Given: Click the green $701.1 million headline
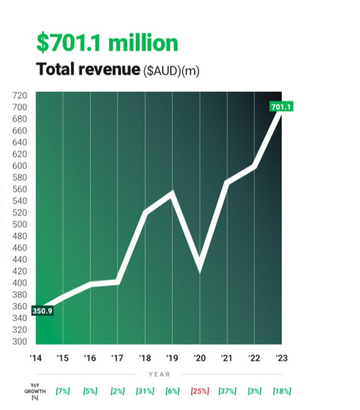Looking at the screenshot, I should [107, 43].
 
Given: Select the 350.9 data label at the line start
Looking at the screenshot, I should [42, 310].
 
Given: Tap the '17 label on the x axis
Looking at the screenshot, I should [117, 358].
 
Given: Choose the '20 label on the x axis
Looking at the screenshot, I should [199, 358].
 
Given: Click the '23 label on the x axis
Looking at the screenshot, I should [281, 358].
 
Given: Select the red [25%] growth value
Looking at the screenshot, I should [200, 391].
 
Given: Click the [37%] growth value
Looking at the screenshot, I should [227, 391].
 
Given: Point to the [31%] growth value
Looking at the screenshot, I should [145, 391].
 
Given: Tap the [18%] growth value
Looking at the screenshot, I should [282, 391].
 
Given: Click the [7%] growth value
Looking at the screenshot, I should [62, 391].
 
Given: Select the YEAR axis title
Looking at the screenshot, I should [160, 374].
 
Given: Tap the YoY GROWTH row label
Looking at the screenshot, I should [35, 391].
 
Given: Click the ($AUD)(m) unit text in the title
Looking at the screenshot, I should [171, 71].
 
